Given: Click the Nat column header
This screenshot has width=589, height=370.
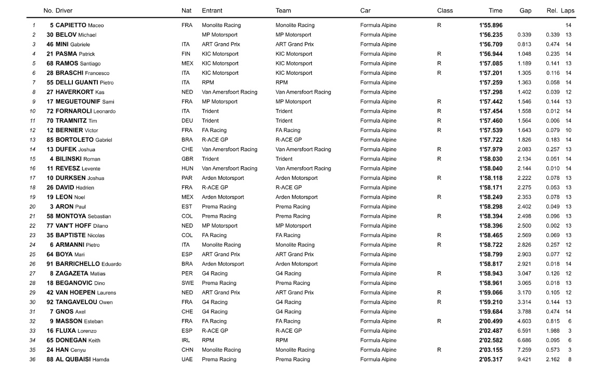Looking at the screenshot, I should [x=186, y=10].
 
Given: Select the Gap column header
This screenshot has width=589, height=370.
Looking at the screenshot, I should [x=525, y=10].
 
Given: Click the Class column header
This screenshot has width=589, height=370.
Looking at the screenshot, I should [x=445, y=10].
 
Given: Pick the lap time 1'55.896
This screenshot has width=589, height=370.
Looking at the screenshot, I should [x=491, y=25].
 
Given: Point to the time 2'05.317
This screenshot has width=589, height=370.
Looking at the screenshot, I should [x=491, y=359].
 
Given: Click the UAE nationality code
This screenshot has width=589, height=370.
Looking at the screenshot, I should [x=187, y=359].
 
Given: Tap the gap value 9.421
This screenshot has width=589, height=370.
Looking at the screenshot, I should [x=524, y=359].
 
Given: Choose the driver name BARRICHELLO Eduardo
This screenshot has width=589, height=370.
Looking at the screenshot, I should [x=88, y=264].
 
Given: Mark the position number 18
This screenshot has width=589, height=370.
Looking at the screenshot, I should [x=33, y=188].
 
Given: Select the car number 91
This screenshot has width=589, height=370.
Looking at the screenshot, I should [x=50, y=264].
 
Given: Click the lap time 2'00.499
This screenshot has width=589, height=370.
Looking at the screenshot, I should [x=491, y=321].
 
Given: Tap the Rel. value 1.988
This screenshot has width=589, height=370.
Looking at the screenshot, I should [x=553, y=331].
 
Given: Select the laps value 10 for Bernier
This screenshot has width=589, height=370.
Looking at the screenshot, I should [x=568, y=130].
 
